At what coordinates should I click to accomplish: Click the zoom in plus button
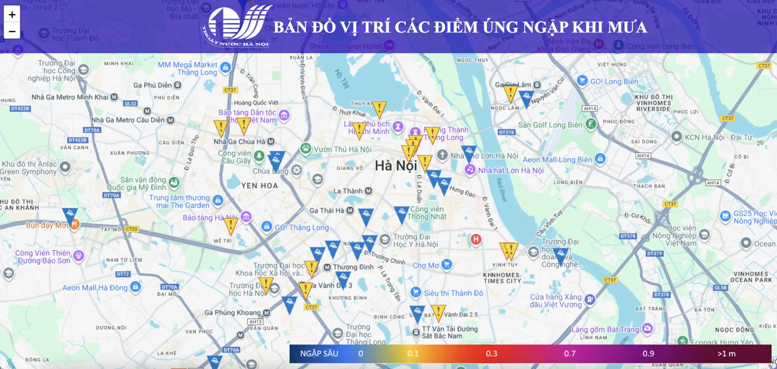point(12,15)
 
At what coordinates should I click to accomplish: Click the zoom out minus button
point(12,31)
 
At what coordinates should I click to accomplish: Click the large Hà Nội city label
point(395,166)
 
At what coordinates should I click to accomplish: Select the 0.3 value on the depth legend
point(491,354)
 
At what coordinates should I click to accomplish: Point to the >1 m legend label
point(726,354)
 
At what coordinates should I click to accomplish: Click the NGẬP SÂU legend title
point(319,354)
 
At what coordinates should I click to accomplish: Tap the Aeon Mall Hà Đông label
point(95,288)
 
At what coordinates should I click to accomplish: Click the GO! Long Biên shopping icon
point(582,81)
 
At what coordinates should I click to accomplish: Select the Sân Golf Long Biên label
point(550,125)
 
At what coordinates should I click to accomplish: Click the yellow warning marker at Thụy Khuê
point(379,109)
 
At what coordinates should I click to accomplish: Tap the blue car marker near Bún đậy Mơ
point(70,215)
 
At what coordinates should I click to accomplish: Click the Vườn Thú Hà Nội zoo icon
point(306,149)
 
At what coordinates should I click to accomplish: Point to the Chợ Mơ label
point(425,266)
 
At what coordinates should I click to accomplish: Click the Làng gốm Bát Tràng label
point(605,329)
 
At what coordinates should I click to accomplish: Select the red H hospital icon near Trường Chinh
point(476,239)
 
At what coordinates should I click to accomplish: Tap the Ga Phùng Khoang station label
point(232,313)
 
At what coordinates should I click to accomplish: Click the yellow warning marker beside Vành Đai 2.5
point(438,312)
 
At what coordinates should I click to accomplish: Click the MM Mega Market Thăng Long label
point(187,68)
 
